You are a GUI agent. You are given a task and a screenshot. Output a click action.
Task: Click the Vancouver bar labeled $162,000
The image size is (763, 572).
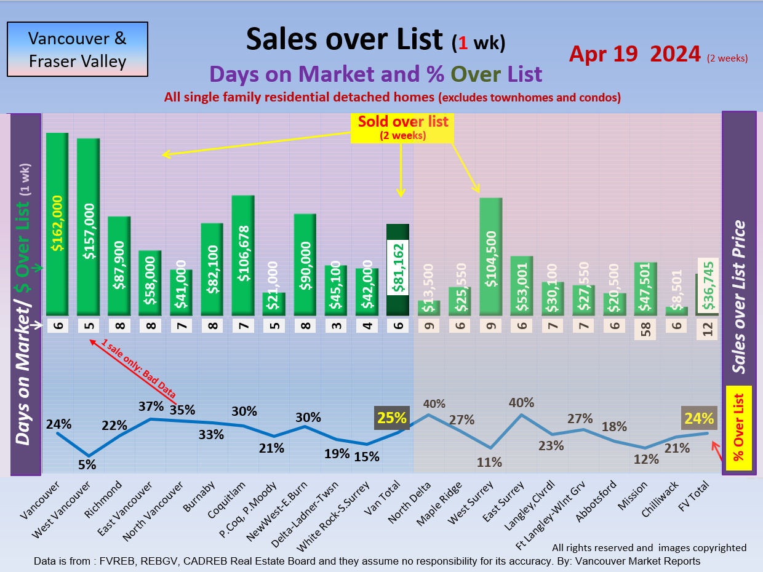(x=57, y=224)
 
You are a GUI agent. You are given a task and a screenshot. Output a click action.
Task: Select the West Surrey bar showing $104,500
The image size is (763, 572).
(x=490, y=257)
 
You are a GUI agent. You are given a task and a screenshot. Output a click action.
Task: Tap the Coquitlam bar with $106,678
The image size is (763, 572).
(x=243, y=255)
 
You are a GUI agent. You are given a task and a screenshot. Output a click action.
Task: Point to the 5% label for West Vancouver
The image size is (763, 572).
(x=87, y=465)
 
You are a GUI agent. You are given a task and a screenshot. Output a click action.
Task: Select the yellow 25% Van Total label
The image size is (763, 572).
(x=392, y=418)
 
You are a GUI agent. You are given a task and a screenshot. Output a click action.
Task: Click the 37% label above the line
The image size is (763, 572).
(x=151, y=407)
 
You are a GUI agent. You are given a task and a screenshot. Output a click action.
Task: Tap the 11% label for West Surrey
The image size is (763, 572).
(x=490, y=462)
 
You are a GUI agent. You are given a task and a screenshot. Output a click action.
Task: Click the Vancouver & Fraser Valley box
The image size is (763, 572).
(x=78, y=50)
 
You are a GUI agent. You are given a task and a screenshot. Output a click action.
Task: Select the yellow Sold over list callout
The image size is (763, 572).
(x=403, y=127)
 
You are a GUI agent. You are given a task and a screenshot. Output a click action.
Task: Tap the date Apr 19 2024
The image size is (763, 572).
(x=634, y=54)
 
